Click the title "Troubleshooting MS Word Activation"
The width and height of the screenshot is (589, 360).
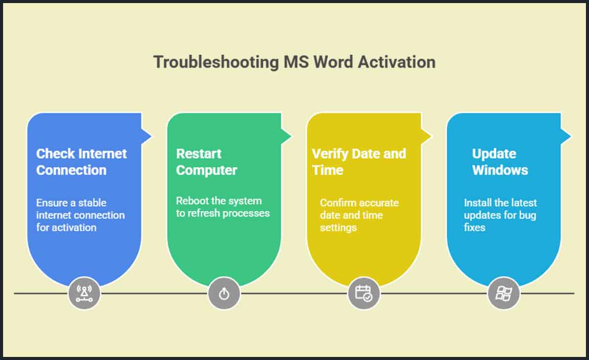(x=294, y=62)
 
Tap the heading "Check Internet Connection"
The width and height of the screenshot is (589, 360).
(x=81, y=162)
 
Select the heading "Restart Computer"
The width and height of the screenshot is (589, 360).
(x=207, y=162)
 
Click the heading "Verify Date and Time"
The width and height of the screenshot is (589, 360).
(x=358, y=162)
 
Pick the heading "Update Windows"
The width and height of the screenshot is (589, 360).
(x=500, y=162)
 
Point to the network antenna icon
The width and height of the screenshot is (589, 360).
(x=84, y=294)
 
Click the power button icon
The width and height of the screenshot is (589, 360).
(x=224, y=294)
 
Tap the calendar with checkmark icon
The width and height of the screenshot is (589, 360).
(x=364, y=294)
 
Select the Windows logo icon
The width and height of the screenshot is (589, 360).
(x=504, y=294)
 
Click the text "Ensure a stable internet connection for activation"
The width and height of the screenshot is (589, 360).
(x=80, y=215)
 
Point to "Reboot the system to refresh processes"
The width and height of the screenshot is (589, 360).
(x=222, y=207)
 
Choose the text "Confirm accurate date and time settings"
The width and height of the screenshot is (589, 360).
(x=359, y=215)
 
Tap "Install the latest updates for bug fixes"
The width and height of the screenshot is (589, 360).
(x=500, y=215)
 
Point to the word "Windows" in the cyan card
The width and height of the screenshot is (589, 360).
(x=500, y=170)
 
